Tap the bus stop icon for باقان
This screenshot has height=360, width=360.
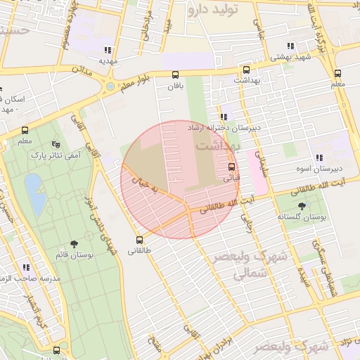[175, 75]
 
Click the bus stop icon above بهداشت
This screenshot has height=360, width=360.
[246, 70]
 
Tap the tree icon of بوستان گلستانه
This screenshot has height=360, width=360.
[302, 206]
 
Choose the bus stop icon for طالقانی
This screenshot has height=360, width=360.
[139, 239]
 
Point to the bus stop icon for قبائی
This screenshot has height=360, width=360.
[231, 167]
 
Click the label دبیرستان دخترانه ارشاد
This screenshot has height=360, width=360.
[224, 129]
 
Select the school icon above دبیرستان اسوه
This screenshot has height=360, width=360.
[319, 158]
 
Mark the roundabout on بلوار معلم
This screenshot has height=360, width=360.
[110, 87]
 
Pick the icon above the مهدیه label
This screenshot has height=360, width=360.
[107, 50]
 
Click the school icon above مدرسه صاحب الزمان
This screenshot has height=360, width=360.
[26, 268]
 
